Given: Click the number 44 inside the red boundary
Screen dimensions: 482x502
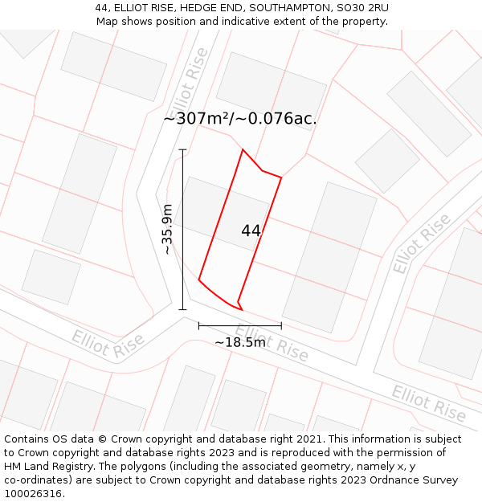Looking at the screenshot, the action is (251, 231).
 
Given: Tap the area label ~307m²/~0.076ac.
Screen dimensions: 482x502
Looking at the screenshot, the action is (240, 119).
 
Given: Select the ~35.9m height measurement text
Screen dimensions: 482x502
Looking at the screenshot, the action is (167, 230).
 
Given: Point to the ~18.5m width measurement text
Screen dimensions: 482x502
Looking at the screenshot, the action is (239, 342).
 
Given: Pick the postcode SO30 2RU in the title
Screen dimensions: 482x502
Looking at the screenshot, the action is (362, 8).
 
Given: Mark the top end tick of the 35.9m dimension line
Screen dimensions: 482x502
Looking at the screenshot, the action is (182, 149).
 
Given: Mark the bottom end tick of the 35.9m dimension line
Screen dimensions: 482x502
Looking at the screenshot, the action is (182, 309).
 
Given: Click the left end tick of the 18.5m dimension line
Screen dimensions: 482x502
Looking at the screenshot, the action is (198, 325).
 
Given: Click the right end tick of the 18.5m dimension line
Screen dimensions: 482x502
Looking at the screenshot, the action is (281, 325).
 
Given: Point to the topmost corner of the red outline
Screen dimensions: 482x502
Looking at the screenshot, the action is (243, 149).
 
